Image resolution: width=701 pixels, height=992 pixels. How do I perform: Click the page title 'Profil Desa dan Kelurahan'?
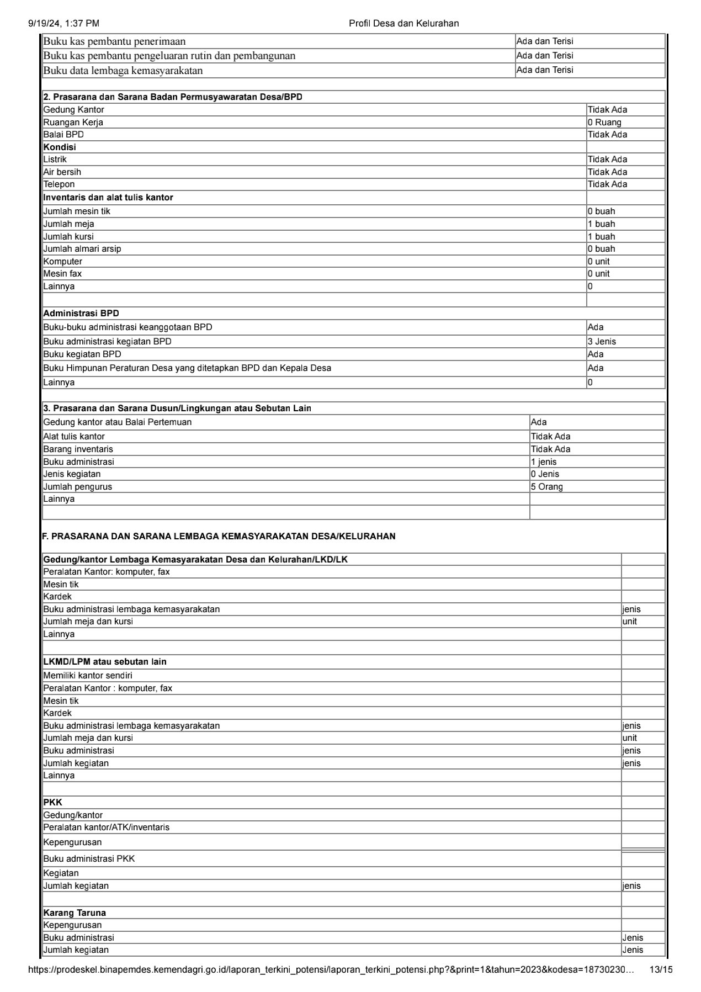[x=403, y=23]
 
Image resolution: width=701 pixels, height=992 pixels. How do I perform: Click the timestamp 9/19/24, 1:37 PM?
[x=63, y=23]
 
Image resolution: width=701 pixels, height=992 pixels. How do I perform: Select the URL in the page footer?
[x=331, y=969]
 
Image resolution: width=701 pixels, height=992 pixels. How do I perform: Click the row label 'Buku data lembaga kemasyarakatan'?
[x=123, y=71]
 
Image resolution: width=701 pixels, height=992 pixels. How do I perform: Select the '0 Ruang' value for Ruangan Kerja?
[x=604, y=123]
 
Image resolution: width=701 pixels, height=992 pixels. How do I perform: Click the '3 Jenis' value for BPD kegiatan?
[x=602, y=342]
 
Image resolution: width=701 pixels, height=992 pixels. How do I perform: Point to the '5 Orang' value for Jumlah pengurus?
[x=547, y=487]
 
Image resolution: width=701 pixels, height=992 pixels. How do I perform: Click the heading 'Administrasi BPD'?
[x=81, y=314]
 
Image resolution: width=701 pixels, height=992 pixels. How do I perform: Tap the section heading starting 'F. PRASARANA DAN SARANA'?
[x=219, y=536]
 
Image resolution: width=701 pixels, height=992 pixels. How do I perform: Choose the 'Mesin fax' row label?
[x=62, y=274]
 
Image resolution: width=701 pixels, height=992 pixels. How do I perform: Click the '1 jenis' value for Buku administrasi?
[x=544, y=462]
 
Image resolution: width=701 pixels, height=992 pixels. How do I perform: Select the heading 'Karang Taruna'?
[x=75, y=913]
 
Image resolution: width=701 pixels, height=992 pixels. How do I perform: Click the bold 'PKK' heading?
[x=53, y=802]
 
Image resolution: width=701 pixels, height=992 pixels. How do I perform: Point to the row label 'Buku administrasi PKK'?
[x=89, y=858]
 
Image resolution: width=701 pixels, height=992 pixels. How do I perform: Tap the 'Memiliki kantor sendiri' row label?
[x=88, y=676]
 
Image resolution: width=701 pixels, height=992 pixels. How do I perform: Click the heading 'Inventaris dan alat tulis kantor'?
[x=108, y=198]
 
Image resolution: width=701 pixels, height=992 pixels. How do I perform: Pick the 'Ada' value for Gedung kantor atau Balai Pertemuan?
[x=539, y=422]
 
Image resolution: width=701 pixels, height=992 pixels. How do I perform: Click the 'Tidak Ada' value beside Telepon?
[x=607, y=184]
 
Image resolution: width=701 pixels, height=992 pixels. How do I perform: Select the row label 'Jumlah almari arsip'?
[x=82, y=249]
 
